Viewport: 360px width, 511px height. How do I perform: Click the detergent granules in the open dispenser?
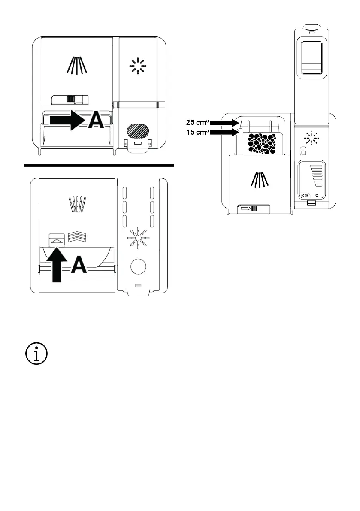(263, 143)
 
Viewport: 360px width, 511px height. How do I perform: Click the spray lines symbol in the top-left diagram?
(77, 65)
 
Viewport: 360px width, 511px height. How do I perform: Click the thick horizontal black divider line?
(99, 165)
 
